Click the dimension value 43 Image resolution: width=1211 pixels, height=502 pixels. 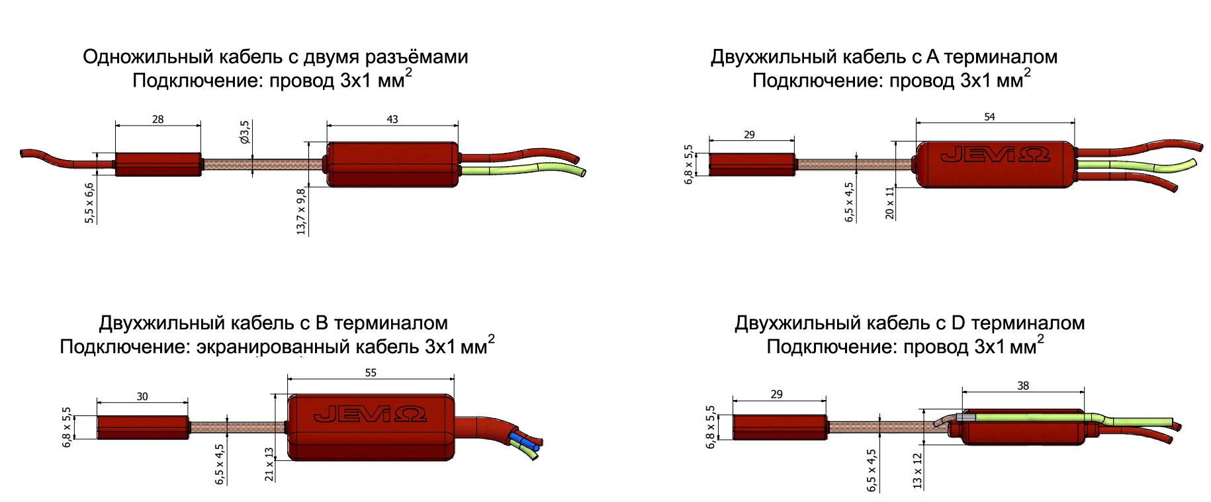tap(392, 119)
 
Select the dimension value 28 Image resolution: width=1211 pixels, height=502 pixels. tap(157, 119)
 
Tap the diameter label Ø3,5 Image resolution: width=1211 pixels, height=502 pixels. tap(245, 132)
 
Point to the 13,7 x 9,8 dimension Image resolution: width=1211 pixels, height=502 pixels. tap(301, 211)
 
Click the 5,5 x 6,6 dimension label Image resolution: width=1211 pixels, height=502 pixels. tap(89, 202)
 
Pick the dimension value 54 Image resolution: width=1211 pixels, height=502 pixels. tap(989, 116)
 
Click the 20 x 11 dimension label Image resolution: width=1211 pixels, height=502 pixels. tap(889, 203)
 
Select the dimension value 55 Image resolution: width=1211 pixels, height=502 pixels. tap(371, 372)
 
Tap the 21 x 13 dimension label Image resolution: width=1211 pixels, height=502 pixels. tap(269, 464)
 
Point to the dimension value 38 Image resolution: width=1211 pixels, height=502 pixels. tap(1023, 385)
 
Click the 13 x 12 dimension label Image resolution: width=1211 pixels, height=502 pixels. tap(917, 471)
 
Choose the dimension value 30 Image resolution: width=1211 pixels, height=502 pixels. tap(142, 396)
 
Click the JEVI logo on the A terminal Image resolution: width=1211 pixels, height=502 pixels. tap(995, 155)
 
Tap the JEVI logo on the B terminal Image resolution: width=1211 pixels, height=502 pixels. tap(370, 415)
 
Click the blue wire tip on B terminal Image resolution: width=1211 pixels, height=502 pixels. tap(535, 447)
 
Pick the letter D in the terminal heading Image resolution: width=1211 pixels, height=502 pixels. tap(958, 323)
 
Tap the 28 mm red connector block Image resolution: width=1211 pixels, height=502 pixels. tap(158, 165)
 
